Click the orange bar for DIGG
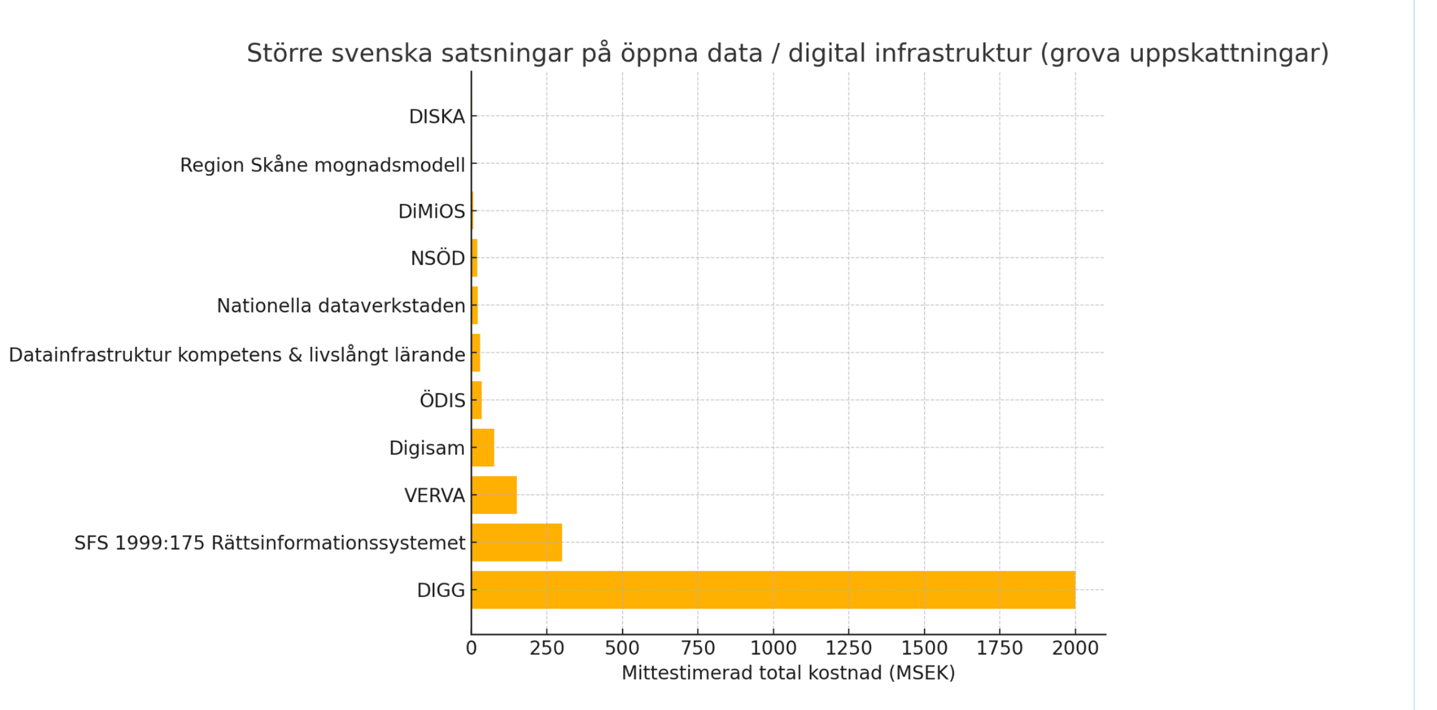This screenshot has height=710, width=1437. (x=773, y=590)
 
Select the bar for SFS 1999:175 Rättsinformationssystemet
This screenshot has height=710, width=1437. (x=517, y=542)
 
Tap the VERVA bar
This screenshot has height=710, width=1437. (x=494, y=495)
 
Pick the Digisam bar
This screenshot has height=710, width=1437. (x=482, y=447)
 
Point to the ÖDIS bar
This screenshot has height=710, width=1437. (x=477, y=400)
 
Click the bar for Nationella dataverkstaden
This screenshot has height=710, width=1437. (x=475, y=305)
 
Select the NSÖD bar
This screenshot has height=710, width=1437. (x=475, y=258)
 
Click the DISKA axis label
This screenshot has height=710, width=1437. (x=437, y=116)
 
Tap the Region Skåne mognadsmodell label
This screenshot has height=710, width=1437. (x=322, y=164)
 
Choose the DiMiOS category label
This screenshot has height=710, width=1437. (x=432, y=211)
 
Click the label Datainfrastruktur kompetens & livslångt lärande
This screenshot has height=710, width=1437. (x=237, y=354)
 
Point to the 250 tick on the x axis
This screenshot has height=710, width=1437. (x=547, y=648)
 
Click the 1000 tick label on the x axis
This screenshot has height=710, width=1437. (x=773, y=648)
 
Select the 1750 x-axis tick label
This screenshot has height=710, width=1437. (x=999, y=648)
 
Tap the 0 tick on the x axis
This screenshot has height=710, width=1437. (x=471, y=648)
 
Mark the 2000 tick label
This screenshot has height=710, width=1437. (x=1075, y=648)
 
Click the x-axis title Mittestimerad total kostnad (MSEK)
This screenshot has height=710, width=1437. (x=788, y=673)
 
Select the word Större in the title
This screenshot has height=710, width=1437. (x=284, y=53)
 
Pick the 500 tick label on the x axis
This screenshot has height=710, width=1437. (x=622, y=648)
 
